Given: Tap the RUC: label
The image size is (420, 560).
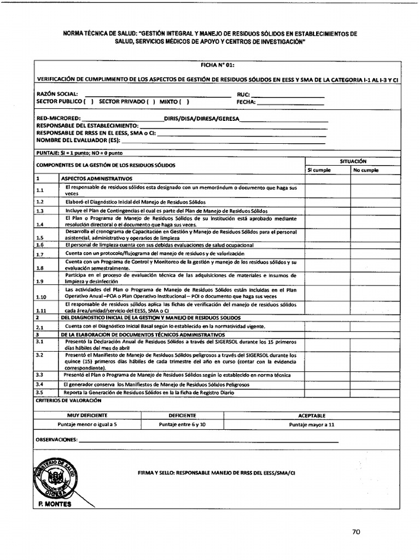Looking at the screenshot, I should click(243, 94).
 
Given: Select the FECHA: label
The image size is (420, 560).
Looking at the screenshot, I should click(246, 102).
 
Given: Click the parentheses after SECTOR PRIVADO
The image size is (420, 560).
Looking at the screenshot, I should click(151, 102).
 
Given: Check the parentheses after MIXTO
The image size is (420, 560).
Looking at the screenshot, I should click(184, 102).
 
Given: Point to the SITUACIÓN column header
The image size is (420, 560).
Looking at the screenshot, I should click(353, 161).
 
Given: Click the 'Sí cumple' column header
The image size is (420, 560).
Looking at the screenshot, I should click(319, 170).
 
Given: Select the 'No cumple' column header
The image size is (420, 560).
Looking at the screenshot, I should click(366, 170).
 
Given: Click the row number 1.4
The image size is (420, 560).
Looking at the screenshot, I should click(39, 224).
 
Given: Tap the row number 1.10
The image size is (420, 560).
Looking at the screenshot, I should click(41, 296).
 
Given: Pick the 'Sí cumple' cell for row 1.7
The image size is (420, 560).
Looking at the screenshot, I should click(327, 254).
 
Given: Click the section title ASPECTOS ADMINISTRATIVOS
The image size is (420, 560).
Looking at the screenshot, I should click(97, 179).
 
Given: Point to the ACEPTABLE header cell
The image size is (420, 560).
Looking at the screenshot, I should click(312, 416).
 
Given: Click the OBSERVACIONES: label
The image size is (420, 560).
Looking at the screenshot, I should click(57, 440).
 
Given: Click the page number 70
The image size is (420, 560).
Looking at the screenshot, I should click(355, 531).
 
